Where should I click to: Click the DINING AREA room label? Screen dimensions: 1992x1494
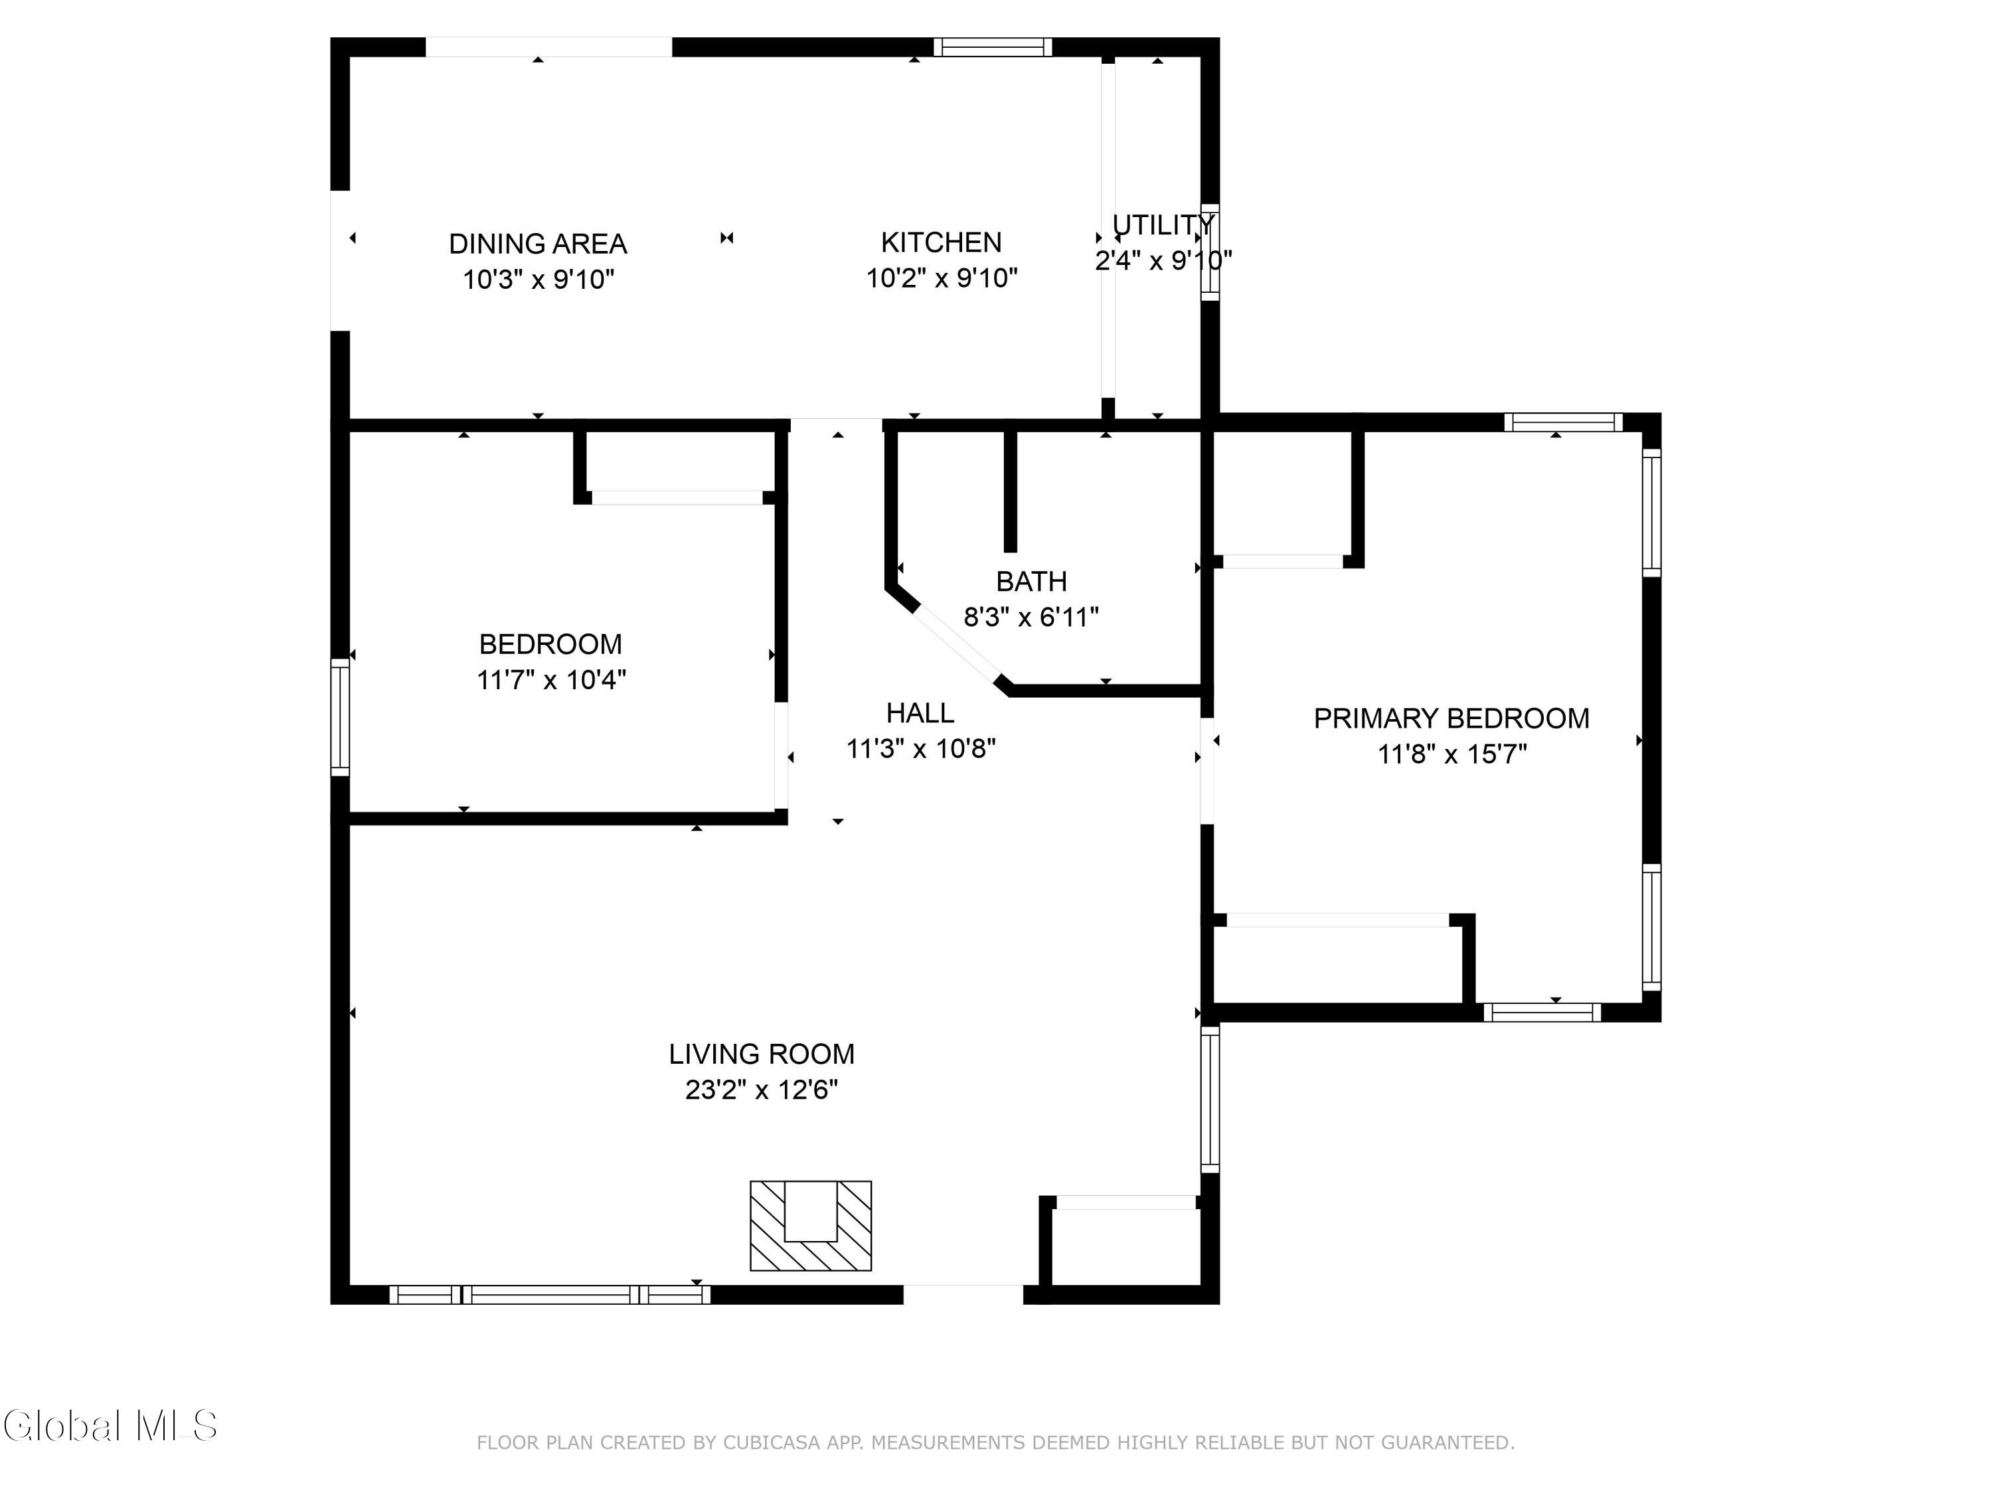pyautogui.click(x=538, y=244)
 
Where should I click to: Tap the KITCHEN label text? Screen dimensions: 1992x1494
pyautogui.click(x=941, y=242)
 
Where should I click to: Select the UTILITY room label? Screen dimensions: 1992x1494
pyautogui.click(x=1163, y=224)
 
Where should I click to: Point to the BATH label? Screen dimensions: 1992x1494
pyautogui.click(x=1031, y=582)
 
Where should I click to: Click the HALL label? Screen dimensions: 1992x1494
pyautogui.click(x=920, y=713)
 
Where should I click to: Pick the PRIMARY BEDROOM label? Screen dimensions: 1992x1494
pyautogui.click(x=1451, y=718)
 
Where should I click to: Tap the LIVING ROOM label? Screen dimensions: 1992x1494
pyautogui.click(x=761, y=1054)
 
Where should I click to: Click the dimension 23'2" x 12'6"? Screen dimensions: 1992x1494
pyautogui.click(x=761, y=1090)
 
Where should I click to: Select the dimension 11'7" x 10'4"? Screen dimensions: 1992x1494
pyautogui.click(x=551, y=680)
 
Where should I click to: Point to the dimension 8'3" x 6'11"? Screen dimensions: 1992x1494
pyautogui.click(x=1031, y=618)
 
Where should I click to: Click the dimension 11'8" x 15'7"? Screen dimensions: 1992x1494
pyautogui.click(x=1452, y=754)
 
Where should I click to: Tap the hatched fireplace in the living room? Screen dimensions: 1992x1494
pyautogui.click(x=811, y=1226)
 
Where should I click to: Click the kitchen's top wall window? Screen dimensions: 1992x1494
pyautogui.click(x=993, y=47)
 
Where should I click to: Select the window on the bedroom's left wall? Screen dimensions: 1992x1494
pyautogui.click(x=339, y=717)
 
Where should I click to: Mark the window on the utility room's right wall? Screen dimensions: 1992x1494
pyautogui.click(x=1210, y=252)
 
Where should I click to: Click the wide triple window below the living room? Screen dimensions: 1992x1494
pyautogui.click(x=549, y=1295)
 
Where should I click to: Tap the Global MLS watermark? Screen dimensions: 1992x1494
pyautogui.click(x=110, y=1426)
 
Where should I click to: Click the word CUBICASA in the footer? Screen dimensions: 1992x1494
pyautogui.click(x=772, y=1443)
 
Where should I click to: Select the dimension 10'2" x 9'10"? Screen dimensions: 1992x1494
pyautogui.click(x=941, y=278)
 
